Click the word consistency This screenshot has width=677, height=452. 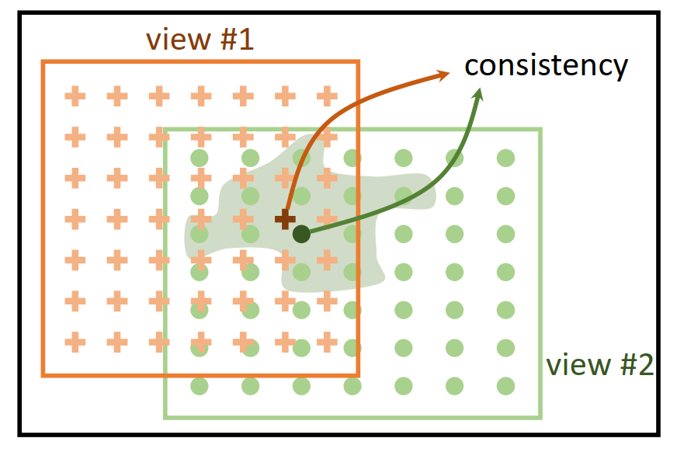click(546, 66)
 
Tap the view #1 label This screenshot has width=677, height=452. click(200, 39)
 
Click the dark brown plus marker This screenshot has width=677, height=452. click(285, 220)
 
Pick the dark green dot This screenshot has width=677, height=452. click(301, 233)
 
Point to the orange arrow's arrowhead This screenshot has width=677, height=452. click(446, 74)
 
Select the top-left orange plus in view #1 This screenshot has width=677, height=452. click(75, 97)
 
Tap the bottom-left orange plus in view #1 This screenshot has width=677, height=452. click(75, 340)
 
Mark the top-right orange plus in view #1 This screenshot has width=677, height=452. click(327, 97)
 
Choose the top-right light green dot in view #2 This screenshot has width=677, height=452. click(505, 158)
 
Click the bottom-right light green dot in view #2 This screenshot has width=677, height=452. click(505, 384)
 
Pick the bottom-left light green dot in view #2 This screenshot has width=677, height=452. click(200, 384)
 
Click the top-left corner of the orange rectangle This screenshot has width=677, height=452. click(43, 62)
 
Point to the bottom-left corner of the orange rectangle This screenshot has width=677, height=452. click(43, 376)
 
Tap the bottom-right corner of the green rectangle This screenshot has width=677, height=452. click(540, 417)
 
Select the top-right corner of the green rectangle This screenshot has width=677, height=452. click(540, 130)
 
